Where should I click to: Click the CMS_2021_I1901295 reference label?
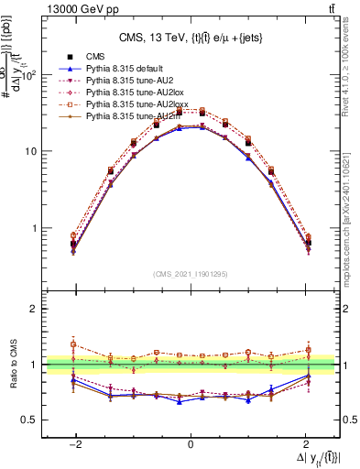tap(191, 273)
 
